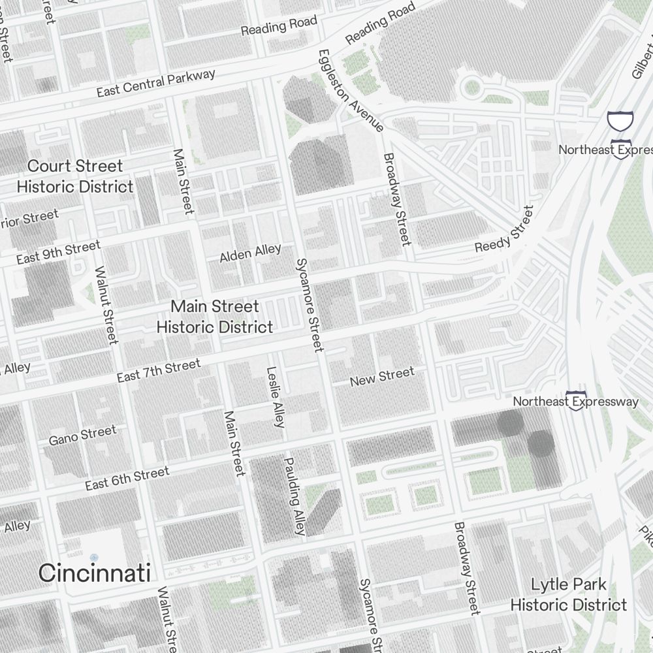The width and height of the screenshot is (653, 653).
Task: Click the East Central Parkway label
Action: (x=156, y=83)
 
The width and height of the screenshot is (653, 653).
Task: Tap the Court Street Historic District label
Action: (x=75, y=176)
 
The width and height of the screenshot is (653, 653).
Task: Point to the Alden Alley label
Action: (x=250, y=253)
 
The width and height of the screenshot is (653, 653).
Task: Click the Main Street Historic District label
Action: (x=215, y=317)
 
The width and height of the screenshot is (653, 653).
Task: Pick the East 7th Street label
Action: (x=159, y=371)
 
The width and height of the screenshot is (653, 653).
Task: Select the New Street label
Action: (x=382, y=377)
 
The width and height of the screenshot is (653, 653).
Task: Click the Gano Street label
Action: (x=82, y=435)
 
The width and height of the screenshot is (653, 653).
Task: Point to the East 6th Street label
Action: (x=127, y=478)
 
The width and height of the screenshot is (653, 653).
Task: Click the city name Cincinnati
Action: (x=95, y=573)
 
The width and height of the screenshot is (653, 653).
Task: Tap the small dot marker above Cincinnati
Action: (x=94, y=557)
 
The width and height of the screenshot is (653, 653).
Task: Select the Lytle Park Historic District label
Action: (x=568, y=595)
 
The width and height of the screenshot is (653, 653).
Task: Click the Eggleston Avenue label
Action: (x=351, y=90)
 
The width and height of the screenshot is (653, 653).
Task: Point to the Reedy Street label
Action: (x=504, y=230)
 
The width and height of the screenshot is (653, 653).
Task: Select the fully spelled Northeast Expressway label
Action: (x=575, y=401)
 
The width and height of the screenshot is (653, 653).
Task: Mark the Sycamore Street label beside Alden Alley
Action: (x=310, y=305)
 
